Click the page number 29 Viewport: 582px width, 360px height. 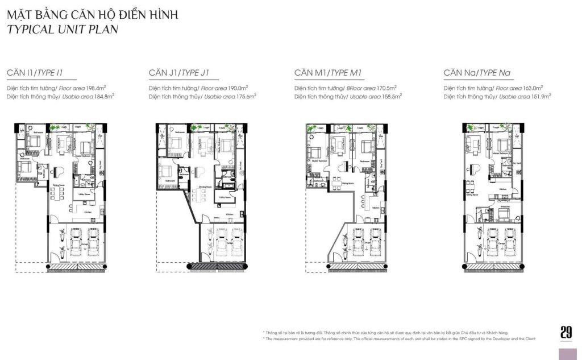tap(566, 332)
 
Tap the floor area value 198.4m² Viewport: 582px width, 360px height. tap(94, 88)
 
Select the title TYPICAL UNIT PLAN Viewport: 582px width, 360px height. tap(63, 30)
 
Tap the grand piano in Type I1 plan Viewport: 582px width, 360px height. tap(59, 170)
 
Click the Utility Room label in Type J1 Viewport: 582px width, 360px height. tap(225, 197)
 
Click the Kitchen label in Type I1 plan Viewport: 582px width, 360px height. tap(88, 212)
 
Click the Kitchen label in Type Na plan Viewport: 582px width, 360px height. tap(503, 189)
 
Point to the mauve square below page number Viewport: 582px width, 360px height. tap(567, 353)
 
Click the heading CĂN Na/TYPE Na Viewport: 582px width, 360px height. tap(477, 73)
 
